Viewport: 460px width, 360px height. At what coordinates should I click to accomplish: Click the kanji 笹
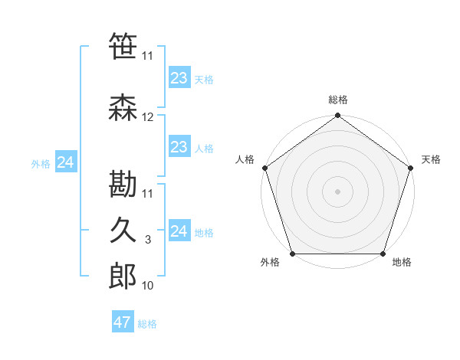123,47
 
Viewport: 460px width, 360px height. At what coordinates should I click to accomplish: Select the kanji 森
123,110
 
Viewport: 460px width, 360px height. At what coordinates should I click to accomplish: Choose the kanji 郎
123,277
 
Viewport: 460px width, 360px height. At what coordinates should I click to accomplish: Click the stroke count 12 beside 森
148,117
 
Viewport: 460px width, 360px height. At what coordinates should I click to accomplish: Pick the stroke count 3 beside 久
148,240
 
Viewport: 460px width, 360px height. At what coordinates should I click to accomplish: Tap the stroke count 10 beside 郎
148,285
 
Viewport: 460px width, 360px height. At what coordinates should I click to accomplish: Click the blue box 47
123,322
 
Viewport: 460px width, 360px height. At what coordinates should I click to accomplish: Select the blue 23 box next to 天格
179,77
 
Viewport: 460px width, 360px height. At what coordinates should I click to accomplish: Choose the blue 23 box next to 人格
179,147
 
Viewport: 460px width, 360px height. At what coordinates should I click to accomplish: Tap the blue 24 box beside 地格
179,231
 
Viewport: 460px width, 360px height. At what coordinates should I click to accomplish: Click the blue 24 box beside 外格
66,162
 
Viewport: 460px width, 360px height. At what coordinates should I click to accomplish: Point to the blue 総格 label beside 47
147,324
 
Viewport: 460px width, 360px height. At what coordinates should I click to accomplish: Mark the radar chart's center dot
337,191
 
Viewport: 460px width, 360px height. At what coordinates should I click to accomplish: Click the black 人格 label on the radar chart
245,159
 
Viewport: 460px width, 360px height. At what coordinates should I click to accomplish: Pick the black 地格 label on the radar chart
402,263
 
